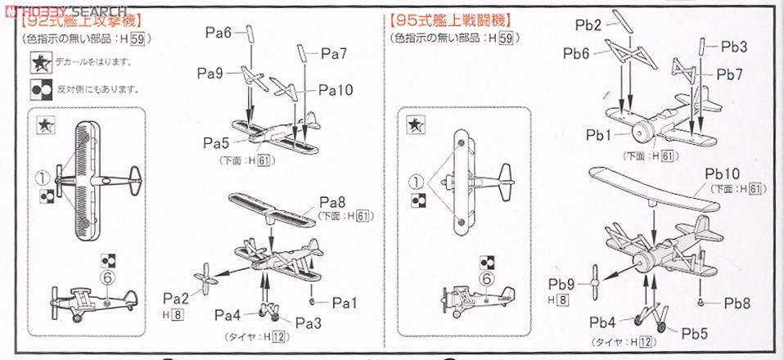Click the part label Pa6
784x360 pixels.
[218, 33]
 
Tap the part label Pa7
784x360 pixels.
[334, 54]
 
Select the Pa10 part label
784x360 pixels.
[336, 90]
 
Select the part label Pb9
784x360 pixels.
[561, 284]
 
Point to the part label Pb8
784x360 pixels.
[738, 302]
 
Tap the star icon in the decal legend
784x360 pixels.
[38, 62]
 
